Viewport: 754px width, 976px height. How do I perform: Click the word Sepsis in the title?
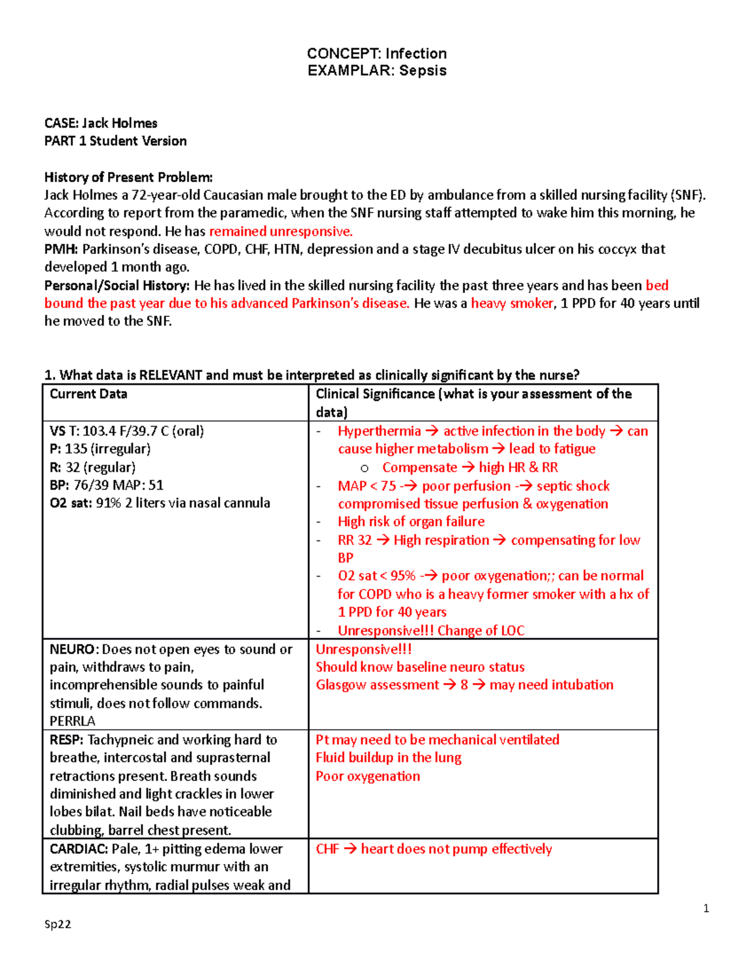pos(423,70)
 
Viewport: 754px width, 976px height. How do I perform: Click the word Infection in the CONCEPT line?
pos(416,53)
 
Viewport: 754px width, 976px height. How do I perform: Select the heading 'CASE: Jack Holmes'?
pos(101,123)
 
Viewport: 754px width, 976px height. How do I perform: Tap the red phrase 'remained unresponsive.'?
pos(281,231)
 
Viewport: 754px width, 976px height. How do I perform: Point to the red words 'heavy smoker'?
pos(512,304)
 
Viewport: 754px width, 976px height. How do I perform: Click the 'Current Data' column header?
pos(89,394)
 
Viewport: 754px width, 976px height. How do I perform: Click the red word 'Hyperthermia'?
pos(379,431)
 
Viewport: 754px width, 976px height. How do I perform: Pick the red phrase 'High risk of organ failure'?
pos(411,522)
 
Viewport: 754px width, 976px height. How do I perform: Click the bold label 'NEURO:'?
pos(74,649)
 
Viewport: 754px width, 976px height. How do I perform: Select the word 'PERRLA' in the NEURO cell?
pos(72,721)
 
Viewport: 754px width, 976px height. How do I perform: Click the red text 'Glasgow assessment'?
pos(377,685)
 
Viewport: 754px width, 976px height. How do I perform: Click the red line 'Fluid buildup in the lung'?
pos(388,758)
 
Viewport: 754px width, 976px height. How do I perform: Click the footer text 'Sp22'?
pos(58,924)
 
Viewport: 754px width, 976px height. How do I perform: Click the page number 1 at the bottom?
pos(706,908)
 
